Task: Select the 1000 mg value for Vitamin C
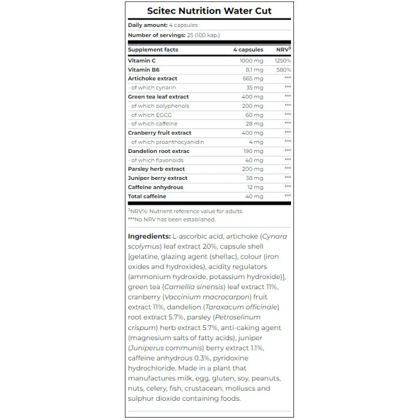[x=251, y=61]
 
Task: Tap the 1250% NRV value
[x=283, y=61]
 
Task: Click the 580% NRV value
[x=284, y=70]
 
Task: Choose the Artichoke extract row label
[x=152, y=79]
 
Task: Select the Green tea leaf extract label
[x=158, y=97]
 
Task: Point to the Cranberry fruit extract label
[x=160, y=133]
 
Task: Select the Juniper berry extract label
[x=158, y=178]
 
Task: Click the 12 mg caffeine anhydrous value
[x=255, y=187]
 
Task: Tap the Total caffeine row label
[x=147, y=196]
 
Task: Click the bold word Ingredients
[x=149, y=236]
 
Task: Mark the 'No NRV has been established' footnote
[x=174, y=219]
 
